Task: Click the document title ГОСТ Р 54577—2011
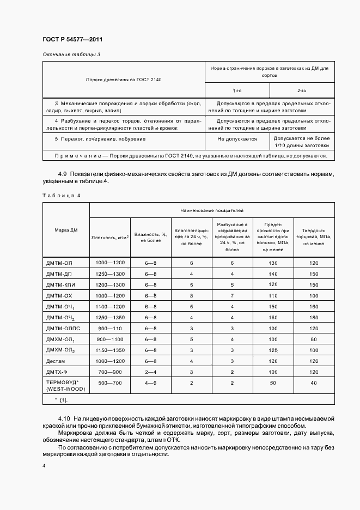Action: [x=72, y=40]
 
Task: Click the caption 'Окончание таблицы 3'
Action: [x=71, y=54]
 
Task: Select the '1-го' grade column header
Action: [x=237, y=90]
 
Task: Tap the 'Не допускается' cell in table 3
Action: [x=237, y=139]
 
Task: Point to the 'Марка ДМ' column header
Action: [x=66, y=230]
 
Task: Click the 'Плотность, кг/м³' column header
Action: [x=109, y=237]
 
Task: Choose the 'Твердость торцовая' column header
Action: [x=314, y=237]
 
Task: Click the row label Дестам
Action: [x=57, y=361]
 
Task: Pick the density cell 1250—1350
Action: [x=109, y=317]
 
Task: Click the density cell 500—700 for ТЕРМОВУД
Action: [x=109, y=382]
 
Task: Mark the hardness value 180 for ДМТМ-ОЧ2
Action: [x=314, y=317]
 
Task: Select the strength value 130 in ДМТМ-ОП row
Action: [x=273, y=263]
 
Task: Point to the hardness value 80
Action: [x=314, y=339]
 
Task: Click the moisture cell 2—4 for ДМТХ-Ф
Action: [x=150, y=372]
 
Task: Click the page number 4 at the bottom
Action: [x=44, y=465]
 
